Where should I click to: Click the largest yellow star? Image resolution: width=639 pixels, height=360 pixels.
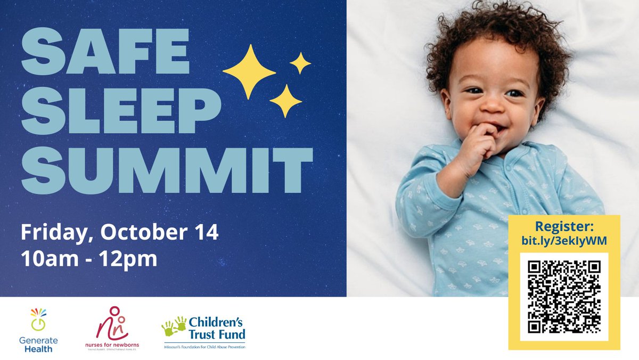click(x=249, y=71)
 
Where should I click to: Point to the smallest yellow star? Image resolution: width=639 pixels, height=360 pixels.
click(x=300, y=63)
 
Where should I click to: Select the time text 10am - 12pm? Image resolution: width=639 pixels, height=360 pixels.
click(x=89, y=259)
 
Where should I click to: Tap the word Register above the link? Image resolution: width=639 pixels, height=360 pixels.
click(x=564, y=226)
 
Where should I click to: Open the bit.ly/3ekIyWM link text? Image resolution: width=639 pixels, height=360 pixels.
click(x=564, y=240)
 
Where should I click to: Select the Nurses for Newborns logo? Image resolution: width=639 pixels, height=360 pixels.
click(x=111, y=329)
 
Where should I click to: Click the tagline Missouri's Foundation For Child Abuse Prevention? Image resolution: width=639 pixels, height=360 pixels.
click(x=204, y=347)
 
